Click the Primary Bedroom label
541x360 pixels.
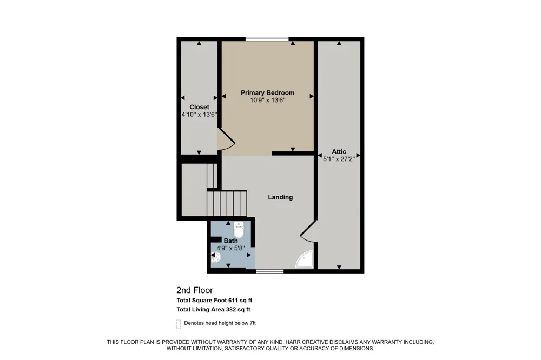click(267, 93)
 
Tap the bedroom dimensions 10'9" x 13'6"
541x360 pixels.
click(267, 101)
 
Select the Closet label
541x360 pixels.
click(199, 107)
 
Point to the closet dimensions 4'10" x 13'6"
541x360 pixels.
click(199, 115)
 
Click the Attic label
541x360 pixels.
click(339, 152)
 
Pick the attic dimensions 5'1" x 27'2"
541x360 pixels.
click(339, 159)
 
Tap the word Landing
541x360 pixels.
click(280, 197)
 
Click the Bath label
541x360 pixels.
click(230, 241)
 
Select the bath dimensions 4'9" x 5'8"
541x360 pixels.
click(230, 248)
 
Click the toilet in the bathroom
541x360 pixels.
click(239, 229)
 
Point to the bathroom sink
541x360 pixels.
click(215, 257)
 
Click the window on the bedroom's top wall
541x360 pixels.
click(267, 39)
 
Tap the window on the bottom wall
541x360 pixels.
click(269, 271)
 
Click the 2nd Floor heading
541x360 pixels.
click(195, 290)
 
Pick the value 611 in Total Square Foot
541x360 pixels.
click(233, 301)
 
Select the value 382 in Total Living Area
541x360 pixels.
click(230, 310)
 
